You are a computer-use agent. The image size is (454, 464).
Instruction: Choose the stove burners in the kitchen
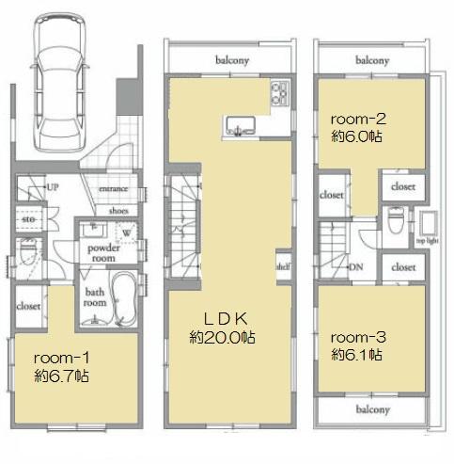[281, 92]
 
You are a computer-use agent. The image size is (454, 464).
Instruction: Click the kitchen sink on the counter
[240, 124]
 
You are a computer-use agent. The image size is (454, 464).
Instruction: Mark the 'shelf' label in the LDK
[283, 264]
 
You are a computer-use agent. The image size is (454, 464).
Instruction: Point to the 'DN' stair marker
[356, 266]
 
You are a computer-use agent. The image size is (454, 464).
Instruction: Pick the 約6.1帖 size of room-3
[356, 355]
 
